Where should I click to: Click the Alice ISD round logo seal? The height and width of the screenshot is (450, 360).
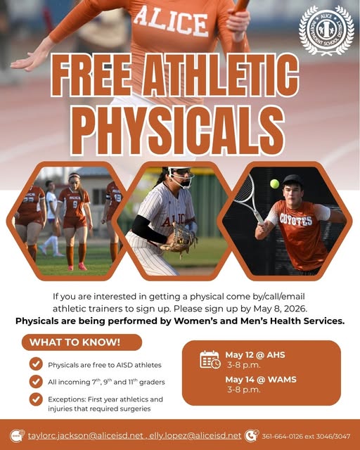[326, 30]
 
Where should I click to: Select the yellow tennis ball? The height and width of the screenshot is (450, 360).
[274, 184]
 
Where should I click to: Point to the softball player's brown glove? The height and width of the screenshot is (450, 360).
[179, 240]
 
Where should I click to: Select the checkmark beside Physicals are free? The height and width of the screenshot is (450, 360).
[35, 364]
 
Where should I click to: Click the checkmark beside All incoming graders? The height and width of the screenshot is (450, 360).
[35, 382]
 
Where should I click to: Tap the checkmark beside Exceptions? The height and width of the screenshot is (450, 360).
[35, 399]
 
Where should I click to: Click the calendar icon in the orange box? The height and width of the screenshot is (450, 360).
[210, 359]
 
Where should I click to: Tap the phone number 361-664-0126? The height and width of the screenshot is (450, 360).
[283, 436]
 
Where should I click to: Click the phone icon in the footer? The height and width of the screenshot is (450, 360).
[251, 435]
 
